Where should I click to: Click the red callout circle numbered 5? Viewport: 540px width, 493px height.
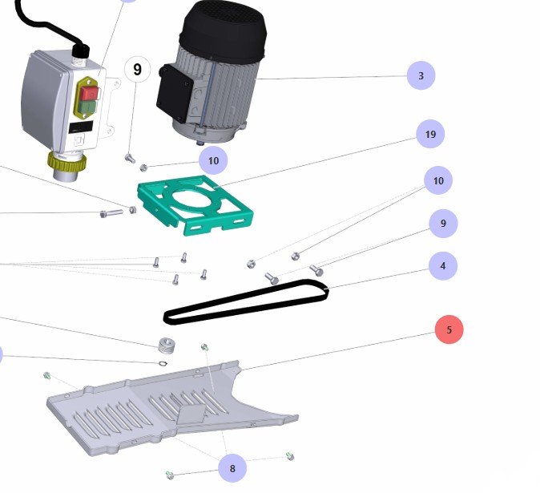pyautogui.click(x=449, y=329)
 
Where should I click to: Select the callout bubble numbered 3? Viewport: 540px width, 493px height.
pyautogui.click(x=421, y=76)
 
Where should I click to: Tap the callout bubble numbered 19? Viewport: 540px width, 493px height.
pyautogui.click(x=430, y=135)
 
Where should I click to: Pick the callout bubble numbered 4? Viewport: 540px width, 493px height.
pyautogui.click(x=442, y=265)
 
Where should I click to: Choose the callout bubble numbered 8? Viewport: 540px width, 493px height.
pyautogui.click(x=232, y=468)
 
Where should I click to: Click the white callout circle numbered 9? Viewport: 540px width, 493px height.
pyautogui.click(x=137, y=70)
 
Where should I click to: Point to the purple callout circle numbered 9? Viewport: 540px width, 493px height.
pyautogui.click(x=443, y=224)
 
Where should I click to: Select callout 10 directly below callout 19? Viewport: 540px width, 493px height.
pyautogui.click(x=437, y=181)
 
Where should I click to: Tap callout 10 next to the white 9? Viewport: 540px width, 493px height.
pyautogui.click(x=213, y=160)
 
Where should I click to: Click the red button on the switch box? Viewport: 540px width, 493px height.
pyautogui.click(x=89, y=94)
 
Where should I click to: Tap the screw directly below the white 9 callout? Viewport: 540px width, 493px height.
pyautogui.click(x=130, y=158)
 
